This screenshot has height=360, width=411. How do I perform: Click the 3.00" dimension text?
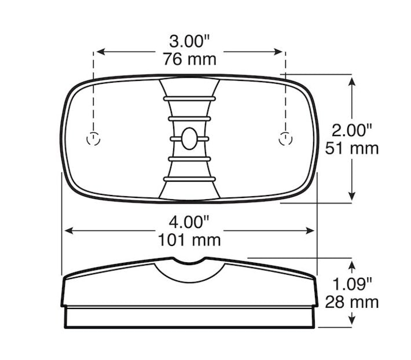click(189, 42)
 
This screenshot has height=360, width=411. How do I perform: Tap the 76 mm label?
click(189, 59)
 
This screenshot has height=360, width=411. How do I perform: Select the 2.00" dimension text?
click(352, 130)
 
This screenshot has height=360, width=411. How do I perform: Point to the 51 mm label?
click(352, 148)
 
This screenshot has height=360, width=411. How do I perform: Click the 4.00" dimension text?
click(189, 222)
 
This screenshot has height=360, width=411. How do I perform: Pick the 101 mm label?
click(189, 240)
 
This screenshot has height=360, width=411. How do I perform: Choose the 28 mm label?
click(352, 302)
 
